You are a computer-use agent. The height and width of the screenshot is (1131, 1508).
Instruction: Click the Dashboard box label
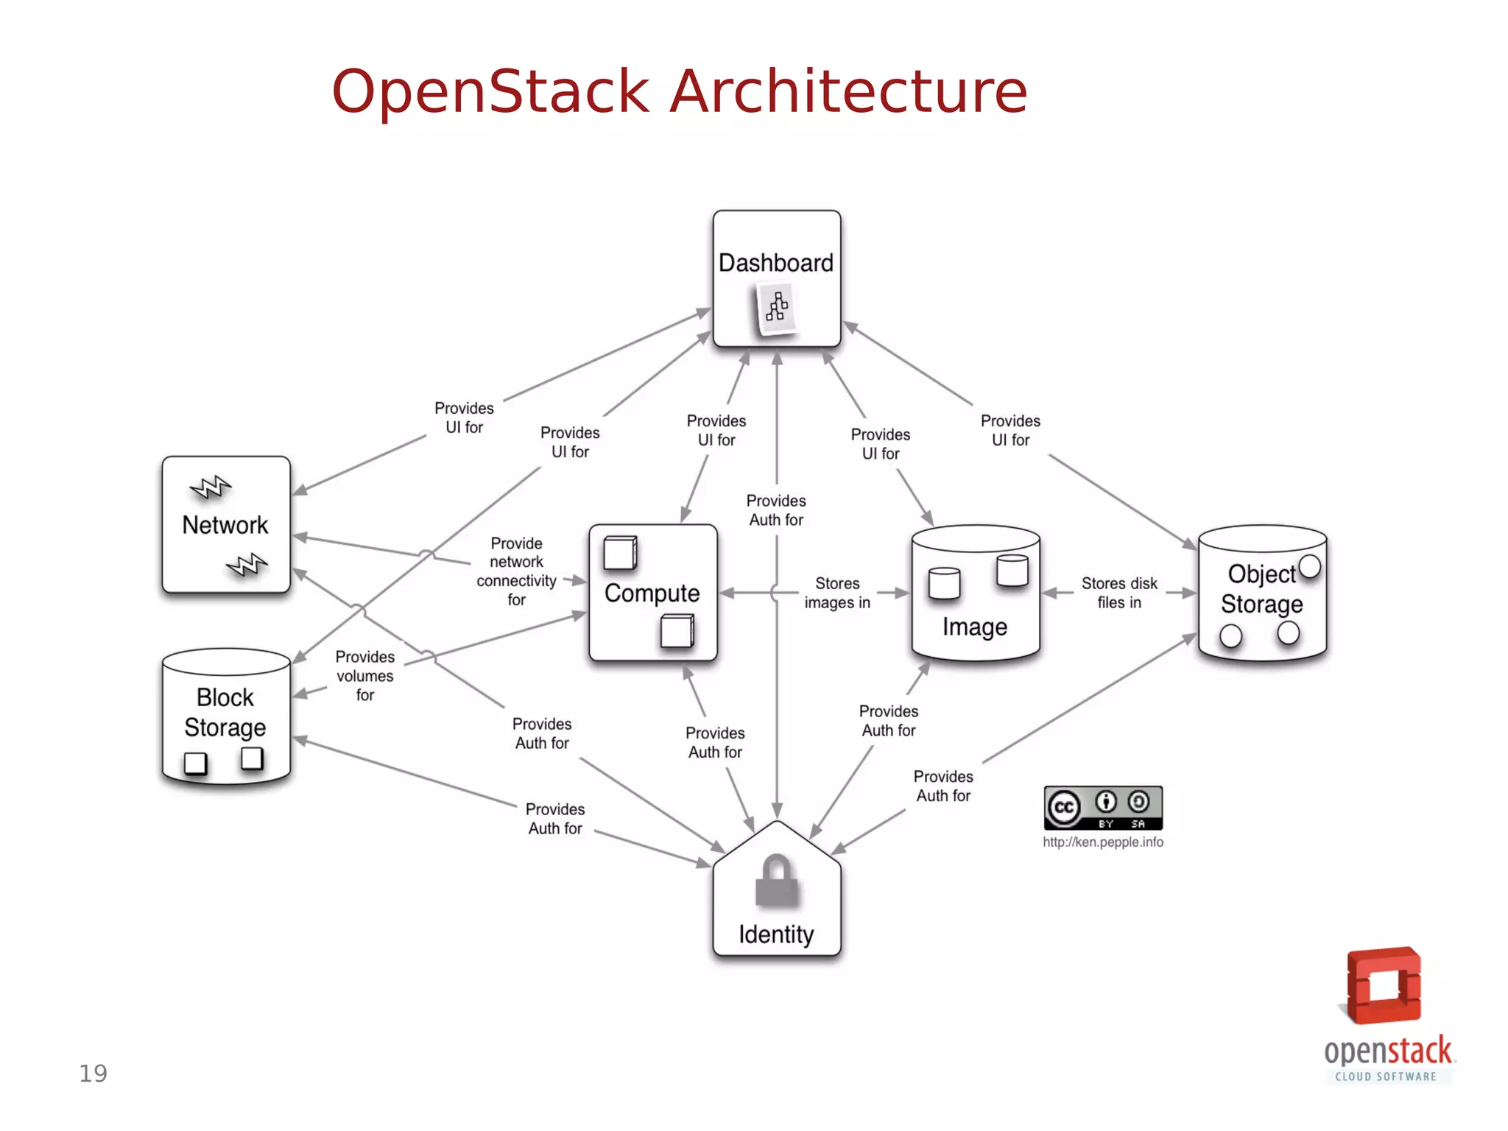(775, 263)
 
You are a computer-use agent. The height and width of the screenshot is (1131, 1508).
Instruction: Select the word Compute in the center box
(652, 593)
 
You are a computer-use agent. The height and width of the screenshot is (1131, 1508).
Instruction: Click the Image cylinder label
(974, 627)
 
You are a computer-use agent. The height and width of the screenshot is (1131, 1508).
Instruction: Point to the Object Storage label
(1261, 589)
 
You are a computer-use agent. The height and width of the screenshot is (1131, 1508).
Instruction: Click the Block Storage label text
(225, 712)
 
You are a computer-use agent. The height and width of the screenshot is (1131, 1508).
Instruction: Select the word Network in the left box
(225, 525)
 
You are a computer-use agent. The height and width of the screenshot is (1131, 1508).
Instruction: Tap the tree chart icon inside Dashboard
(777, 307)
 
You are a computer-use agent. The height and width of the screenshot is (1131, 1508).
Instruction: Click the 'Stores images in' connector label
(837, 593)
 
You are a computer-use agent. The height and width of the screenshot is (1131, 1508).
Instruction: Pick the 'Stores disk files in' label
(1118, 593)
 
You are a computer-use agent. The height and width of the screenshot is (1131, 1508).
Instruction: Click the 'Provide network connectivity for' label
(516, 571)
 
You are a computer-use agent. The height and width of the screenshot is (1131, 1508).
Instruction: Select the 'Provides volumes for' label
(365, 675)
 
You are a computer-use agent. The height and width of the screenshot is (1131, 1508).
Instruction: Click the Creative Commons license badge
(1102, 808)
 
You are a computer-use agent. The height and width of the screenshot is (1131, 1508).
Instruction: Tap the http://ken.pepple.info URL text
(1102, 842)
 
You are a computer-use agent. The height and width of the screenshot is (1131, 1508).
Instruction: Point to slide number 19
(94, 1074)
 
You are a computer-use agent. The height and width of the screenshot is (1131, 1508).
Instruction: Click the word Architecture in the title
(847, 91)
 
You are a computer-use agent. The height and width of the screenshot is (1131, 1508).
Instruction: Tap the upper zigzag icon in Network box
(211, 487)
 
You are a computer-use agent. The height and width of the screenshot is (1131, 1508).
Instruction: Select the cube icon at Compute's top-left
(620, 553)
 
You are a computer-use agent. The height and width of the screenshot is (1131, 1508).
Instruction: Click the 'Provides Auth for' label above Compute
(776, 510)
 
